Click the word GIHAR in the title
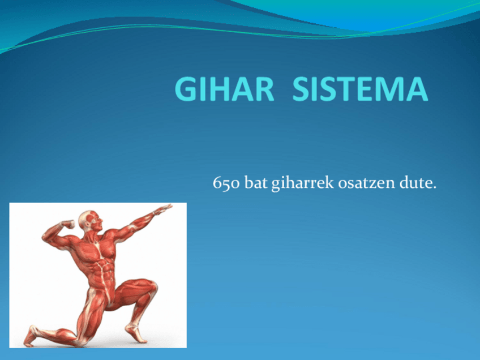click(224, 89)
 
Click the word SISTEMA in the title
click(361, 89)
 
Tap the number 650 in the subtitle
click(226, 183)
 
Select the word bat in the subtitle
click(256, 183)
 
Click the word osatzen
click(366, 183)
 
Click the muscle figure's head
click(91, 221)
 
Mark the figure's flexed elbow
click(46, 237)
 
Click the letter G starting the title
click(185, 89)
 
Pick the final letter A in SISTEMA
click(417, 89)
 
